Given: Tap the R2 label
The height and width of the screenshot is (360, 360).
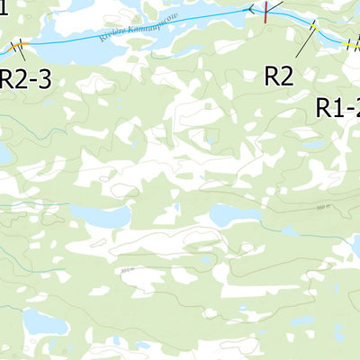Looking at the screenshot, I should point(279,76).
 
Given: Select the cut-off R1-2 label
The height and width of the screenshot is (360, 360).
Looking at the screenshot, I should point(337,108).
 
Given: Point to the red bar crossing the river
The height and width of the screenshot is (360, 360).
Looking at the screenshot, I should point(266,11).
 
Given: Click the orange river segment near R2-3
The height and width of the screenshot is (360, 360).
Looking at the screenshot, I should point(19,43).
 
